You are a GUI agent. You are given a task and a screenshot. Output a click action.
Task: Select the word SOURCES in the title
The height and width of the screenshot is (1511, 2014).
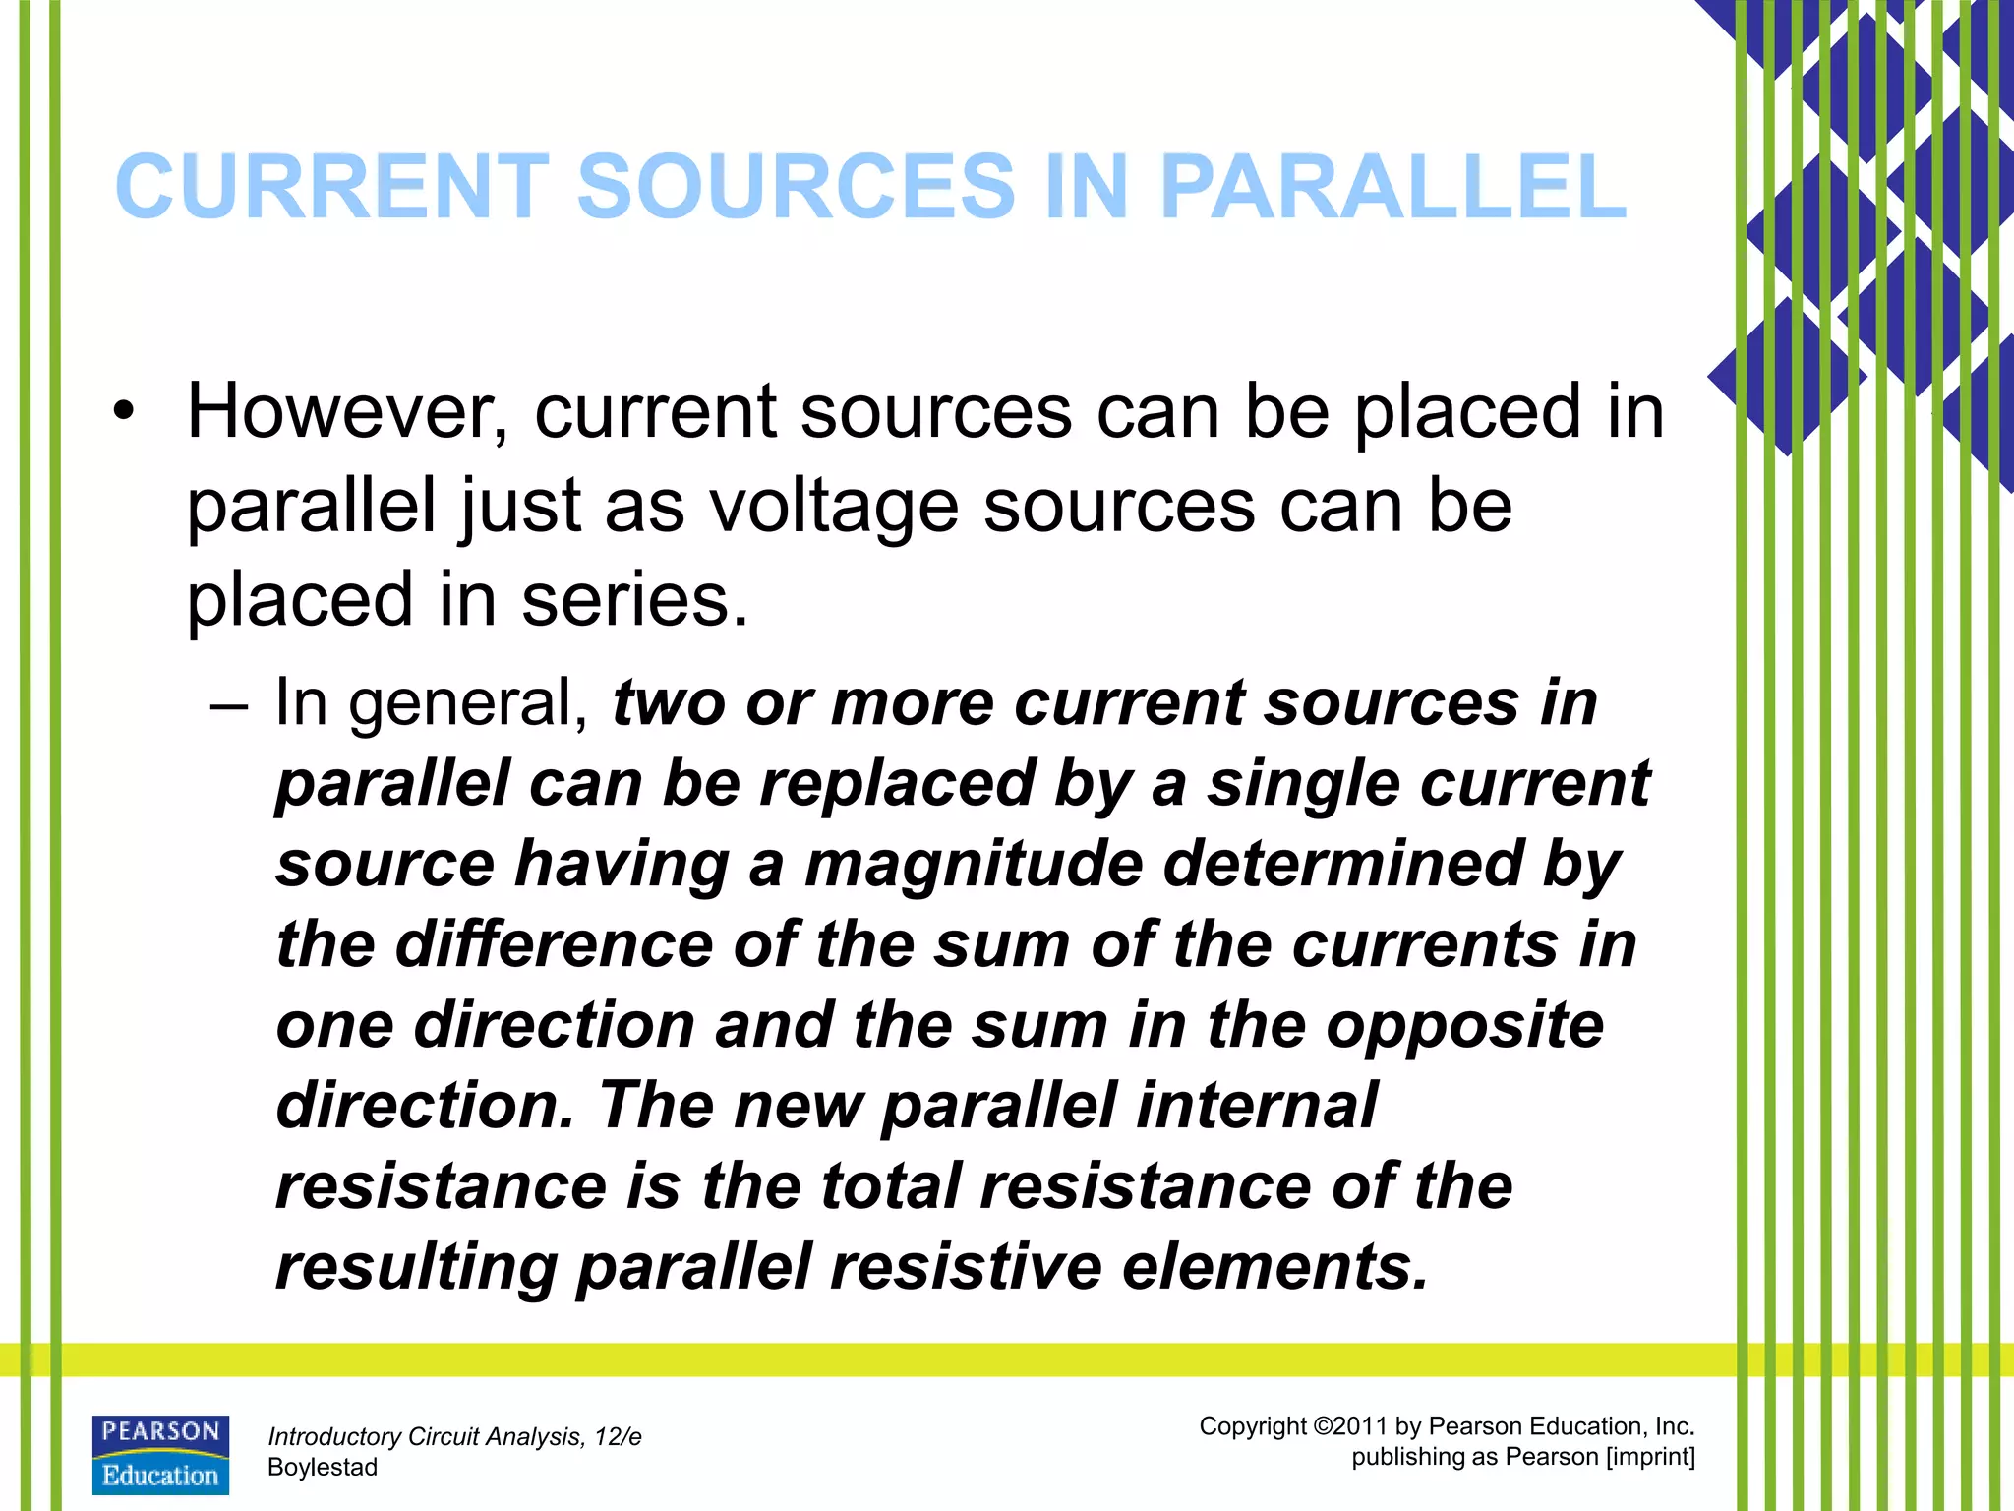[796, 187]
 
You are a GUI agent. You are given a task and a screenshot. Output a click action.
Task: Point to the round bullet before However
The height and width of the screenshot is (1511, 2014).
[122, 412]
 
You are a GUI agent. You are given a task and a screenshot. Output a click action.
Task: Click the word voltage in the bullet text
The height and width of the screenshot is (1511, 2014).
[833, 507]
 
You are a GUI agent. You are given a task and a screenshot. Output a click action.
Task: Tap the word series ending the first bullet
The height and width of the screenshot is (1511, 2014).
[633, 600]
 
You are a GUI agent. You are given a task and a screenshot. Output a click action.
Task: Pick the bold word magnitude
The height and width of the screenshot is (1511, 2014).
[974, 865]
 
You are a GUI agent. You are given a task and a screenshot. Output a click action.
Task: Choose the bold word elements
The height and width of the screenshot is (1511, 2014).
[1274, 1267]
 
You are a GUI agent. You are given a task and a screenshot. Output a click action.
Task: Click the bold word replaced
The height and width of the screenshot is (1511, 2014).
[897, 785]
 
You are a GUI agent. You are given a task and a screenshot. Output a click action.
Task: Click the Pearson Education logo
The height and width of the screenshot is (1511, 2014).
[160, 1455]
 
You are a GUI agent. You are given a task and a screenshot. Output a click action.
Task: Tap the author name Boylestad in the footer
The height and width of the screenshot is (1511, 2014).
[323, 1468]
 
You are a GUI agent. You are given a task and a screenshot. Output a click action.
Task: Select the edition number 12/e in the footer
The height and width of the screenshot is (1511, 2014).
[617, 1437]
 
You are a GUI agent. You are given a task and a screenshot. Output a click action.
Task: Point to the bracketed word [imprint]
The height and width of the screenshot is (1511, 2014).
[1650, 1457]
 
